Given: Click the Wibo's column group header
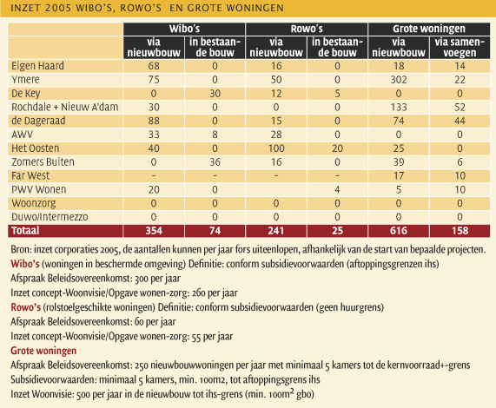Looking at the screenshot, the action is pos(184,29).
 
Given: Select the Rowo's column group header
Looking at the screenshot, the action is pos(307,29).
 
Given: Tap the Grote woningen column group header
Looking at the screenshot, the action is pos(429,29).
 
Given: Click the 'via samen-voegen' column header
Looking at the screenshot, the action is pos(460,48).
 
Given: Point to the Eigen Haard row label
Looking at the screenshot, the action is pos(37,66).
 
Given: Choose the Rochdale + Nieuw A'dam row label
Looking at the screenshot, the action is pos(65,107).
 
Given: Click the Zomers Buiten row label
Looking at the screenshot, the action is pos(43,162).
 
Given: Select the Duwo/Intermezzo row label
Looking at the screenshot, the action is pos(50,217).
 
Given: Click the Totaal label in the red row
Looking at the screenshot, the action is pos(25,231).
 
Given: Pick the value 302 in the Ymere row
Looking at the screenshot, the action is pos(399,80).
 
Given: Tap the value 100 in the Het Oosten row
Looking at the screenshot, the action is pos(276,148).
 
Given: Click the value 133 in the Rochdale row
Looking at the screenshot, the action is pos(399,107).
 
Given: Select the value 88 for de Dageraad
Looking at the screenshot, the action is pos(154,121).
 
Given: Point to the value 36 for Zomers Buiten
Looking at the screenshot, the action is pos(215,162).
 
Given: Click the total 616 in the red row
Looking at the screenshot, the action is pos(399,231).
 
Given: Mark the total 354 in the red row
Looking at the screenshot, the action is pos(154,231).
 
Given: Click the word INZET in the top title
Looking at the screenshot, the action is pos(25,8).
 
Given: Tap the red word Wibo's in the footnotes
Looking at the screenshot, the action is pos(25,264).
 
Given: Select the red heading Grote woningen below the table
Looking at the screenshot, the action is pos(43,351).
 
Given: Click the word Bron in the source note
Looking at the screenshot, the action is pos(20,249).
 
